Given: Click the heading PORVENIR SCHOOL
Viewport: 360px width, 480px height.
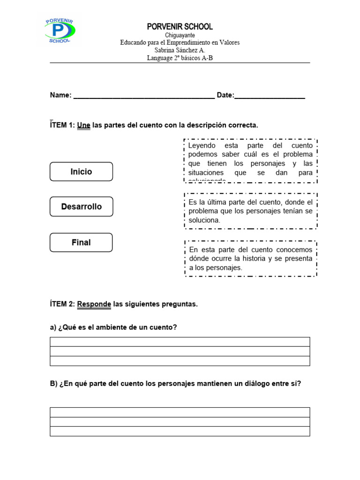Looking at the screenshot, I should click(180, 27).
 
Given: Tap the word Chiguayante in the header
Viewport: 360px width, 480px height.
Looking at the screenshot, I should click(180, 35).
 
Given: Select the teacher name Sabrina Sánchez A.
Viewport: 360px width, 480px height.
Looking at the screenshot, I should click(180, 50).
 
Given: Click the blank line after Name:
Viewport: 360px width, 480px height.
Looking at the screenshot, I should click(144, 96).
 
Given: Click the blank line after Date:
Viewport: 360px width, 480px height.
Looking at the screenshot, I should click(270, 96).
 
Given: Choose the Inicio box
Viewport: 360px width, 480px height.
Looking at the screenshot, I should click(81, 172).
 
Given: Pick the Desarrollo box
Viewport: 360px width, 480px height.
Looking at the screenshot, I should click(81, 207).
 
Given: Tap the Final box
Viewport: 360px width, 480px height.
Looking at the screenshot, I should click(81, 242).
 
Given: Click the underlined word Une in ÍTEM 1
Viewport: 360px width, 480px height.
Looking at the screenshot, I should click(83, 126).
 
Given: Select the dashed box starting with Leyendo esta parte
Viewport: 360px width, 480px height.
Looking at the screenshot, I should click(250, 161).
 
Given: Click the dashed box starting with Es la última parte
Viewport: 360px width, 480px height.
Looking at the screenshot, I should click(250, 211).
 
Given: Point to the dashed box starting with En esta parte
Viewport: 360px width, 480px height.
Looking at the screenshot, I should click(250, 258).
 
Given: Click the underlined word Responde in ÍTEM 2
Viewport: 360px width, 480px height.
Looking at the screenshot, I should click(94, 304).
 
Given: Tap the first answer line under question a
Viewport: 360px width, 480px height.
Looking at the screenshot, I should click(180, 342).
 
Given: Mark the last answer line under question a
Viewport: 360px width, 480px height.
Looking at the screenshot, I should click(180, 361).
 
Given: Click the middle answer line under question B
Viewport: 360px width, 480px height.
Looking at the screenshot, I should click(180, 422).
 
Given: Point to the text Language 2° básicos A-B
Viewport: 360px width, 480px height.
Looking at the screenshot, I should click(180, 58).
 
